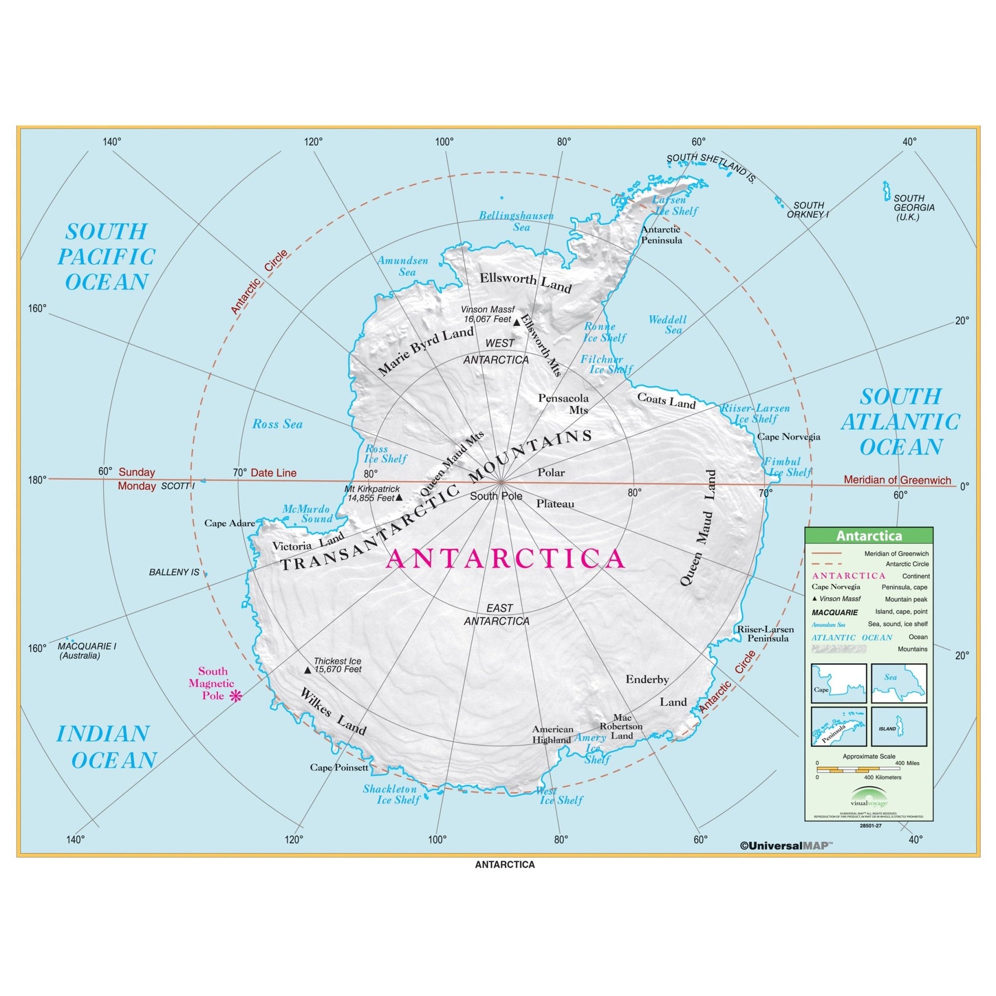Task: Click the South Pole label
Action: coord(495,496)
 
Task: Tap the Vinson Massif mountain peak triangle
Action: coord(516,323)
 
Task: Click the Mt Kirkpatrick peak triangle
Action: coord(399,497)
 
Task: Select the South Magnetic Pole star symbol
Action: coord(236,696)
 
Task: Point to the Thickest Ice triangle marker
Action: coord(308,670)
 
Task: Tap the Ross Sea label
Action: coord(277,424)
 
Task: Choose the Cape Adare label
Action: coord(229,523)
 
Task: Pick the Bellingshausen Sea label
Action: coord(516,221)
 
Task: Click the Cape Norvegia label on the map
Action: coord(789,436)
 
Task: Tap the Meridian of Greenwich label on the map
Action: coord(897,480)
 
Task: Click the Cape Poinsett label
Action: coord(339,767)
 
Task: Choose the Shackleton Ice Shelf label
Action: coord(390,794)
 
